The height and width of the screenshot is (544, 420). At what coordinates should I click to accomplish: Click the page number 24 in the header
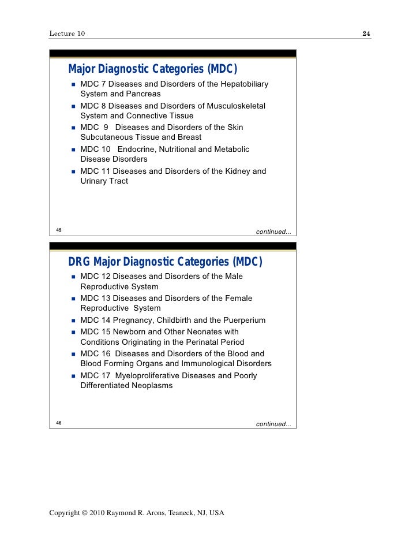[366, 34]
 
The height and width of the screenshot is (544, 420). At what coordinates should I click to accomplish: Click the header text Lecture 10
[67, 34]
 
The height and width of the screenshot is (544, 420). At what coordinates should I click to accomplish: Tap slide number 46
[59, 423]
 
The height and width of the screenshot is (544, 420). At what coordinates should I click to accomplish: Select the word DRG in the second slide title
[80, 262]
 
